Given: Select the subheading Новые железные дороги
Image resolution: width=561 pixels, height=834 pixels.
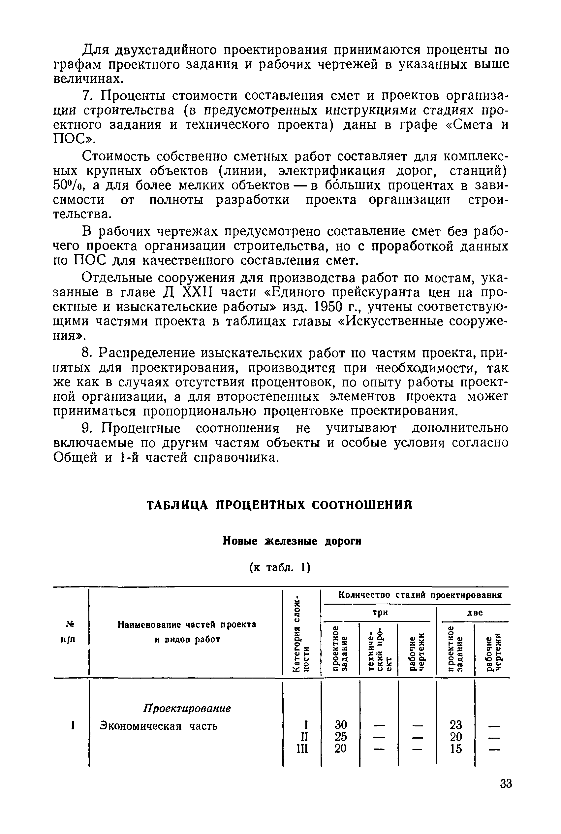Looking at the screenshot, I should [292, 541].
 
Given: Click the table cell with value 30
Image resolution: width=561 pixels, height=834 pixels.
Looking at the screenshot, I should [341, 725].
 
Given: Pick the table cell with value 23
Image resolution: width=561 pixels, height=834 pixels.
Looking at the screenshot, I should [456, 725].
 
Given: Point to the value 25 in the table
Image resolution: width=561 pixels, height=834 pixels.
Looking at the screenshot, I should [341, 737].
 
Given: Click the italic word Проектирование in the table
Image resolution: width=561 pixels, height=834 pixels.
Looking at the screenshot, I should [187, 708].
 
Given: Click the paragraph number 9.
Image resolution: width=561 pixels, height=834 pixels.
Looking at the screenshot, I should [86, 428].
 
